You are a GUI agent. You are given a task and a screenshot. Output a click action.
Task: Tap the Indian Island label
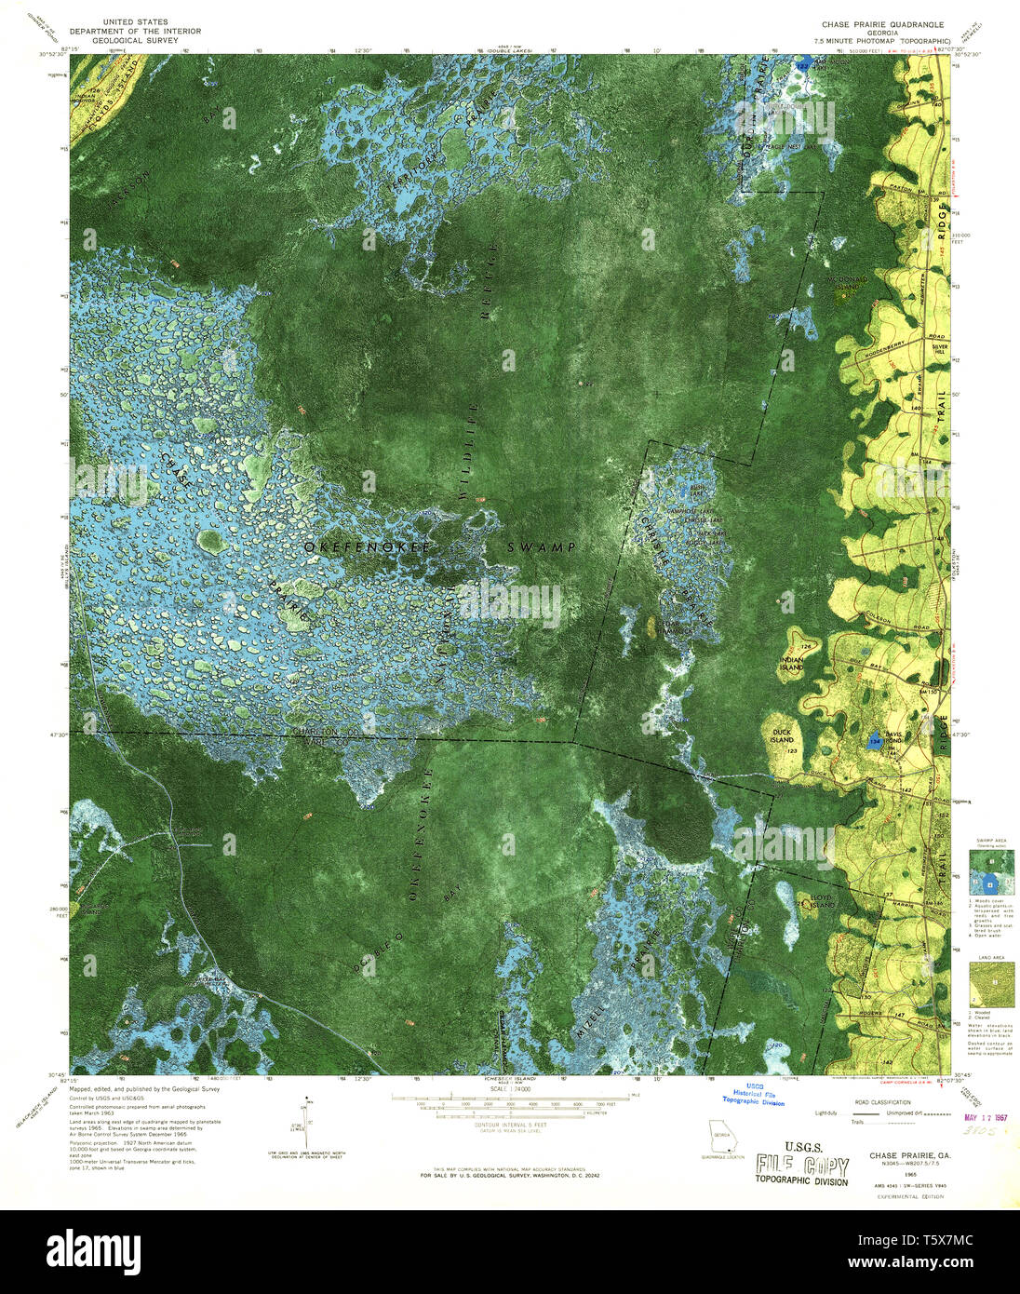coord(791,662)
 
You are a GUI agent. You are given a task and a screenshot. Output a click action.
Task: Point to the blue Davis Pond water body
coord(873,742)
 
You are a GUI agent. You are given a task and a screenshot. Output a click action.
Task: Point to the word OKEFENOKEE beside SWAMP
coord(367,547)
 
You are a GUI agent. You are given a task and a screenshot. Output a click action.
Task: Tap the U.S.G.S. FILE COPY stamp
coord(801,1166)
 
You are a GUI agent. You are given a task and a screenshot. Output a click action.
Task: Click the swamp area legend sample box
coord(990,873)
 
